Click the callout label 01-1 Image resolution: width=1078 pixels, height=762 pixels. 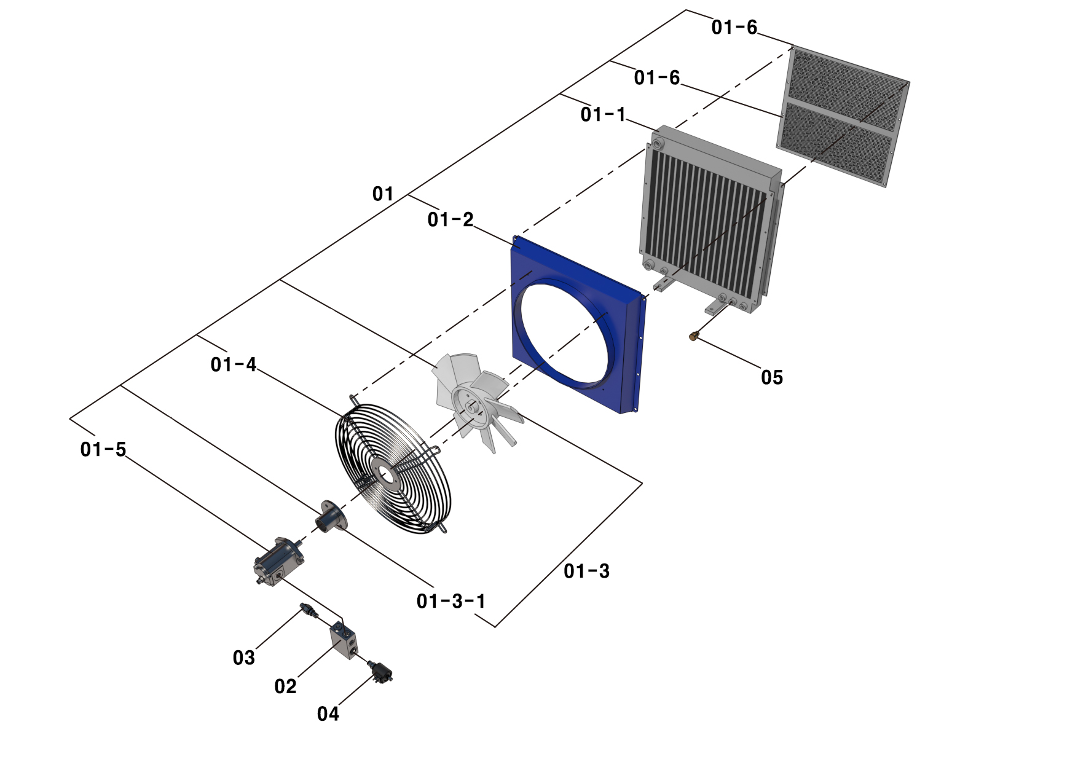(602, 114)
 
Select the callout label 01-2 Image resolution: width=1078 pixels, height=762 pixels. (450, 219)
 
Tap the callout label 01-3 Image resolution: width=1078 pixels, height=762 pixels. (586, 571)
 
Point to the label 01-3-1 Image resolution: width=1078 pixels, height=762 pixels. (450, 600)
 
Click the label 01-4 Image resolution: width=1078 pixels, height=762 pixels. (233, 364)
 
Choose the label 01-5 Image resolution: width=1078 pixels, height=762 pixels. (103, 449)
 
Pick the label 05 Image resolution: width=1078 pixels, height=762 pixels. (772, 377)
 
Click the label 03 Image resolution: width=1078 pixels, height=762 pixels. (243, 658)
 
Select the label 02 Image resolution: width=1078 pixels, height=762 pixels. (285, 686)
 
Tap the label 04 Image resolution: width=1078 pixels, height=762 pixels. (328, 713)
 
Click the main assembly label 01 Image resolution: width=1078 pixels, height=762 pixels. (382, 194)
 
